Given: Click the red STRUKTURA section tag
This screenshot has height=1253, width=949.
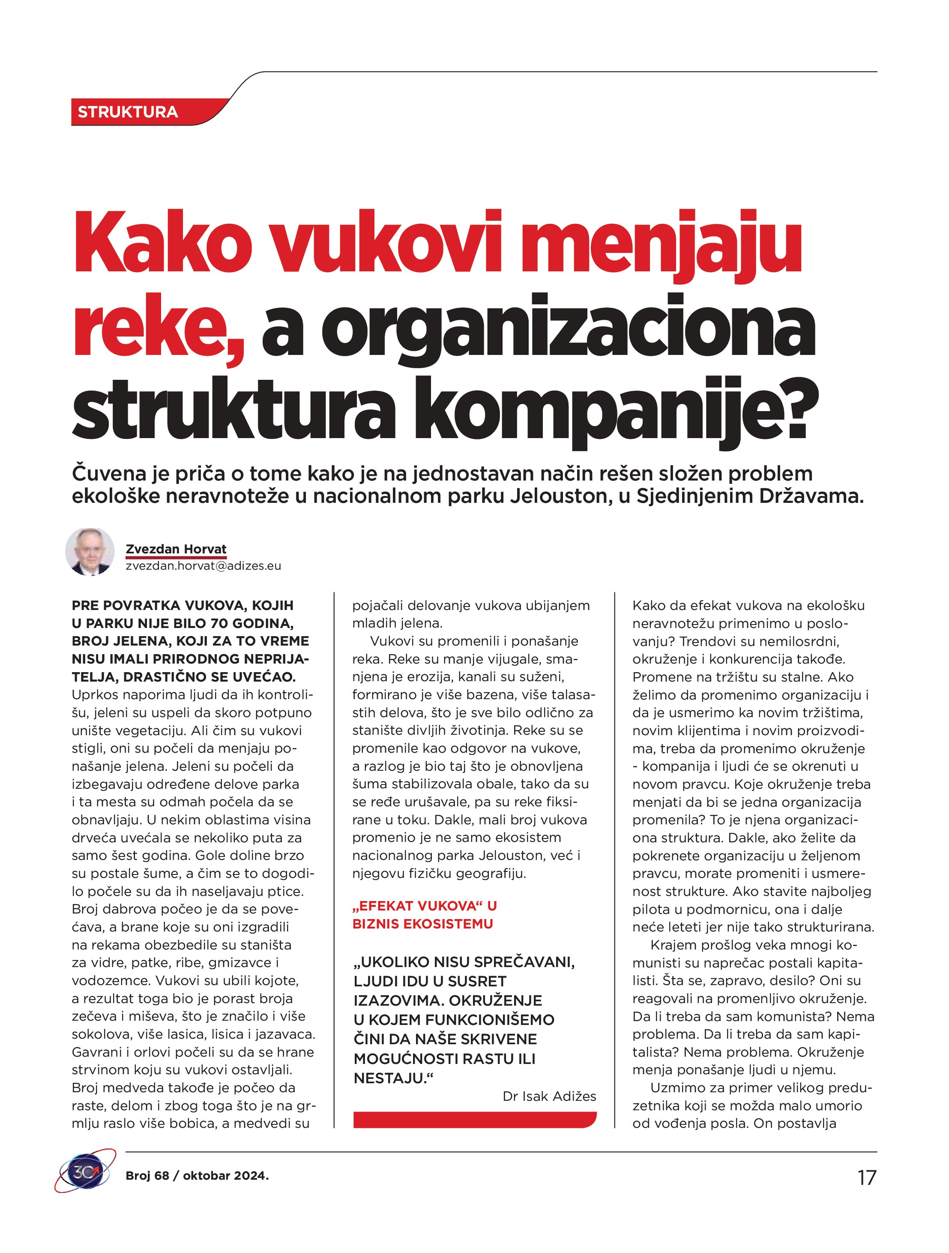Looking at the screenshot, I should click(x=128, y=112).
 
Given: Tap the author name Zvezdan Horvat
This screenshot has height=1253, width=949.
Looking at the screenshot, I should click(x=176, y=549).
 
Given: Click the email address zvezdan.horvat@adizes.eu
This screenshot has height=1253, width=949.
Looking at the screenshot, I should click(x=203, y=566).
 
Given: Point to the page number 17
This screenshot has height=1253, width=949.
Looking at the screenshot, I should click(x=866, y=1178).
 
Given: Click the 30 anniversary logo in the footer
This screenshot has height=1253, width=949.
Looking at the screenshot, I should click(x=85, y=1172).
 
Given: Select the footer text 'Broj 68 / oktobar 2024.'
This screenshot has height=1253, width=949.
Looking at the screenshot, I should click(x=197, y=1175).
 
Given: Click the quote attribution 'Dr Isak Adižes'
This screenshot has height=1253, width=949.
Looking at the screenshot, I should click(x=549, y=1096).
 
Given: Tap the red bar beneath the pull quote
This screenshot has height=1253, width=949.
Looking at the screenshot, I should click(x=475, y=1119).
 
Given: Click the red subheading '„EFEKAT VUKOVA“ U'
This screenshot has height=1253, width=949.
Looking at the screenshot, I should click(x=424, y=906).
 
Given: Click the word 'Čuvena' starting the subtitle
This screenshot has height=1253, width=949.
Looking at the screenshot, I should click(x=106, y=473).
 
